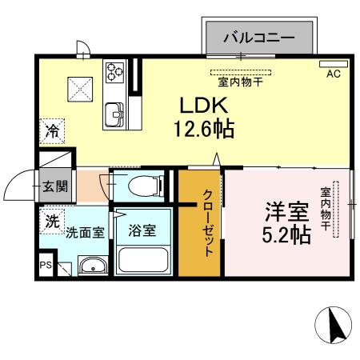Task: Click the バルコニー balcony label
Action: click(x=258, y=37)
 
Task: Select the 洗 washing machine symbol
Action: click(x=52, y=222)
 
